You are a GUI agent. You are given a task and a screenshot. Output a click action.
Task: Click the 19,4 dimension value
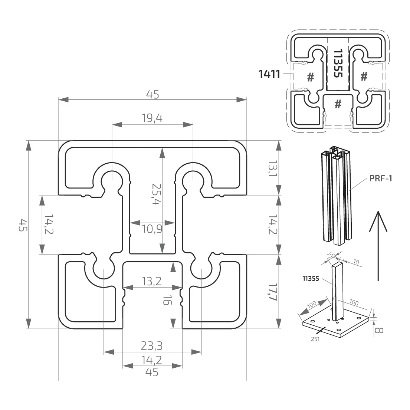click(152, 118)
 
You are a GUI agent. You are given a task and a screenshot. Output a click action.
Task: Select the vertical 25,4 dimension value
click(154, 194)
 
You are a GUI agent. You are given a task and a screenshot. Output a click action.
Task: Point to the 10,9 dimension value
click(152, 229)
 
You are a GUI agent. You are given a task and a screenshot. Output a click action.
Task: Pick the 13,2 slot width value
click(152, 282)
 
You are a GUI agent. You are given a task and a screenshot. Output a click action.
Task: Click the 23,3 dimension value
click(152, 346)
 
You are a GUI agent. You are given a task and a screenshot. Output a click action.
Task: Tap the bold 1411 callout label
click(269, 75)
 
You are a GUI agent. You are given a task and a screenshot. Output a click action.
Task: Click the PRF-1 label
click(381, 178)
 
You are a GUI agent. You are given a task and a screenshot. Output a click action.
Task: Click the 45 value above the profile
click(152, 95)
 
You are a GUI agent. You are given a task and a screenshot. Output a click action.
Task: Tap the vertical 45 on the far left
click(23, 225)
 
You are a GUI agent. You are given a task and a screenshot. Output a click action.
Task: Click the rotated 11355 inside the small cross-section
click(338, 63)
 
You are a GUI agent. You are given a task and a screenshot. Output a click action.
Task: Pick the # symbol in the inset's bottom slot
click(338, 104)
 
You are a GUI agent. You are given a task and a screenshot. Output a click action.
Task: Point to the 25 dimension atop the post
click(329, 256)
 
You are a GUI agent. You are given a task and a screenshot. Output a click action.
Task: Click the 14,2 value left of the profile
click(49, 224)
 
